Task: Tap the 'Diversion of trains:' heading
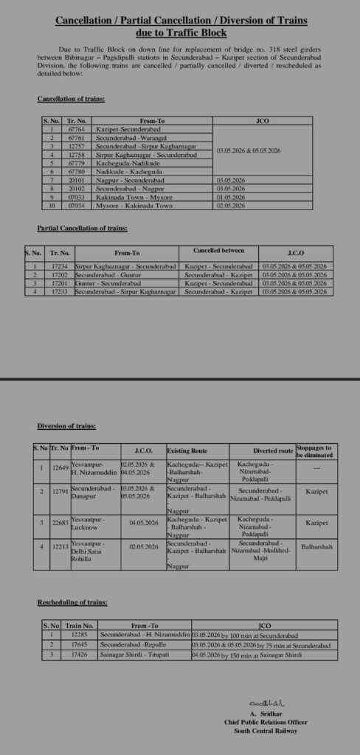66,426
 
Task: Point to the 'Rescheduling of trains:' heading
72,602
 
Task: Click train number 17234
60,265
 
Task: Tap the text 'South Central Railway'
266,731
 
